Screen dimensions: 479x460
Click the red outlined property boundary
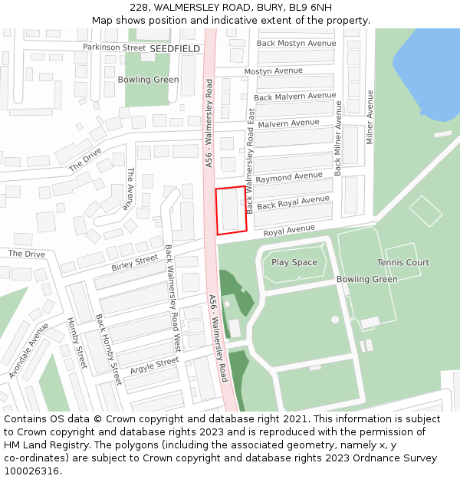(x=231, y=209)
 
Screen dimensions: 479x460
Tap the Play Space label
(x=294, y=263)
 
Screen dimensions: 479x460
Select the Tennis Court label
(x=402, y=263)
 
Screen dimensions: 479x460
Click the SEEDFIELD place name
(x=174, y=48)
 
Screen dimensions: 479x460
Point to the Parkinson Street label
(x=114, y=48)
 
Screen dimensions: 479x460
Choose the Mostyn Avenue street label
(x=274, y=71)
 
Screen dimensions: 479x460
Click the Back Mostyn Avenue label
(x=296, y=44)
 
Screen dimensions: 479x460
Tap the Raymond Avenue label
(x=289, y=177)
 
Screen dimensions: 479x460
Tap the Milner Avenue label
(x=370, y=116)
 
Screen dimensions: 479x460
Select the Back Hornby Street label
(x=108, y=349)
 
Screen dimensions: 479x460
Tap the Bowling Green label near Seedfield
(x=148, y=80)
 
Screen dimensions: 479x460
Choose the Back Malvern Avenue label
(x=294, y=97)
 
